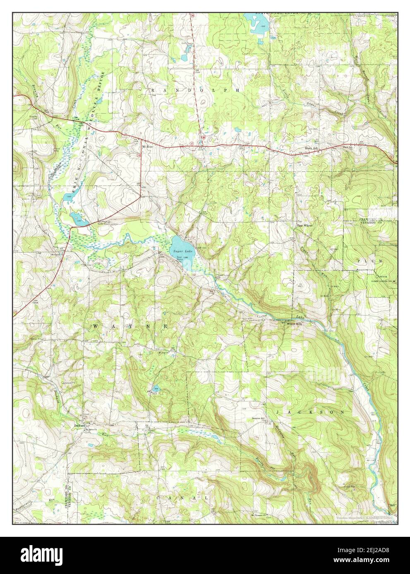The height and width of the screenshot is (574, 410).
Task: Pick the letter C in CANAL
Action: (159, 499)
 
